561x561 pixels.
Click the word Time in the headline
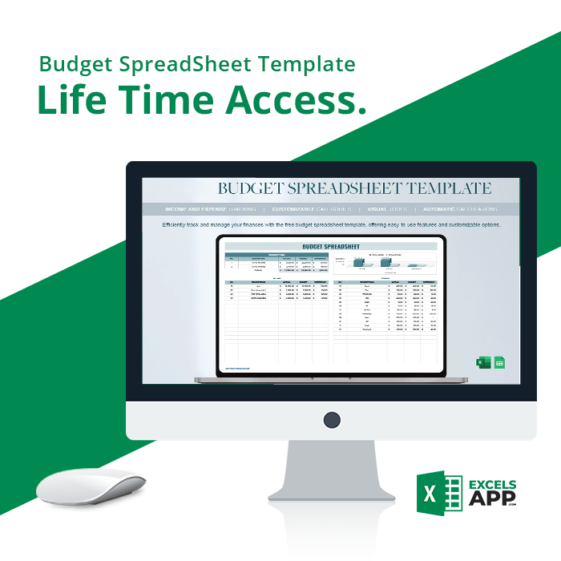tap(167, 99)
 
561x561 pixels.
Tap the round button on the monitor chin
tap(331, 418)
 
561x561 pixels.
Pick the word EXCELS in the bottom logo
tap(491, 486)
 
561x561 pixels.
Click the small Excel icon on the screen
tap(483, 362)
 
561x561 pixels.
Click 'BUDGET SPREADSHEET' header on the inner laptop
tap(331, 246)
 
